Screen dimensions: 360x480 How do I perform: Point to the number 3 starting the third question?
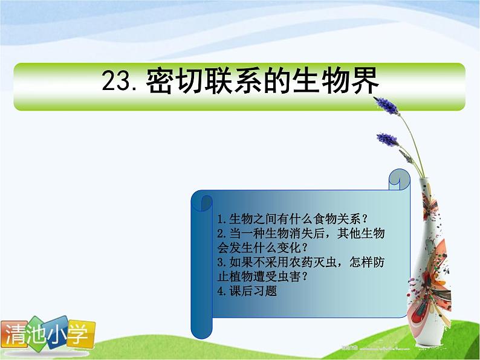click(219, 262)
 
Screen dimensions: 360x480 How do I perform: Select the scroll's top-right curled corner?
click(400, 177)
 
